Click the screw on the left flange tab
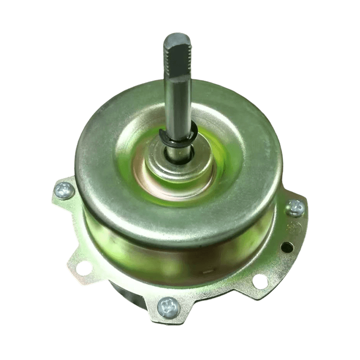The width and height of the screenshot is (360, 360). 64,190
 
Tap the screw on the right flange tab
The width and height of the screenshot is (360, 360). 295,207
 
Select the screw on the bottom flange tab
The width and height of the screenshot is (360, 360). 169,308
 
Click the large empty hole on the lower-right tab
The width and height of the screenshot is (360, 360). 260,281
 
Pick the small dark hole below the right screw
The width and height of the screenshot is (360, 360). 285,247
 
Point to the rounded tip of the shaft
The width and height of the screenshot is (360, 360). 176,36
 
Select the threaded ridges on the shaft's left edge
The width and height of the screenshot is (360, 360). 165,58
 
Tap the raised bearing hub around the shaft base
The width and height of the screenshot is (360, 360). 178,169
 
